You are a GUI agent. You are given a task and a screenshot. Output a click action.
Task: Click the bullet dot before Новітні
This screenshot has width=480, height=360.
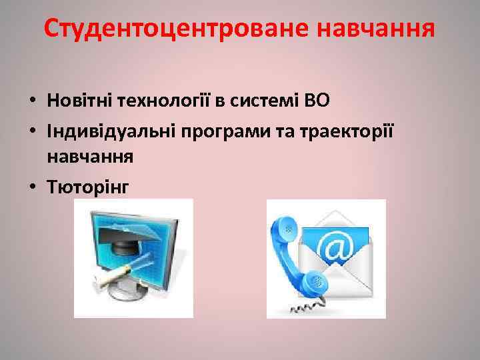pyautogui.click(x=32, y=101)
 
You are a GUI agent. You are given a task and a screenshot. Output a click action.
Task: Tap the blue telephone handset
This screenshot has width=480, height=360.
pyautogui.click(x=293, y=257)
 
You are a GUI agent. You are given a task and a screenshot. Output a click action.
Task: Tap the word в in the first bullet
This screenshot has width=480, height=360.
pyautogui.click(x=217, y=101)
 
